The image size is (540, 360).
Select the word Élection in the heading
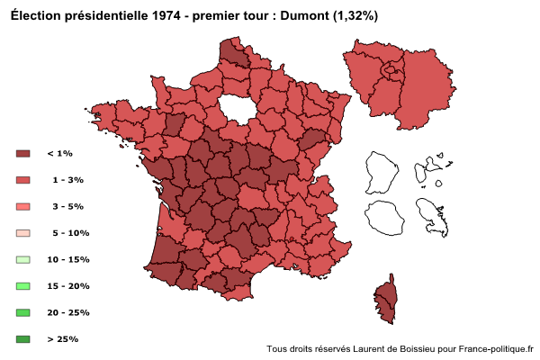(x=33, y=16)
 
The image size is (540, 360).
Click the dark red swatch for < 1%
(x=23, y=154)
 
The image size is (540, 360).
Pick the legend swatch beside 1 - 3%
(x=23, y=180)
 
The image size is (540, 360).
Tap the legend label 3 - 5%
(x=67, y=206)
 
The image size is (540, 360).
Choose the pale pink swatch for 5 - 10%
(x=23, y=233)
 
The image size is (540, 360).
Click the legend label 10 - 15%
(x=67, y=259)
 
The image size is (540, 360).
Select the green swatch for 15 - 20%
(x=23, y=286)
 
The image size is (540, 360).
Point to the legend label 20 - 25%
(x=67, y=312)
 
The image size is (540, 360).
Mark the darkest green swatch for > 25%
(x=23, y=339)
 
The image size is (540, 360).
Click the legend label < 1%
(x=59, y=154)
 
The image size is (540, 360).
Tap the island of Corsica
(x=385, y=299)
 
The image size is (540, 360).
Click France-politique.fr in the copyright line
(x=496, y=348)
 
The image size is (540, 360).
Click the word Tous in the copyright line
(x=277, y=348)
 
